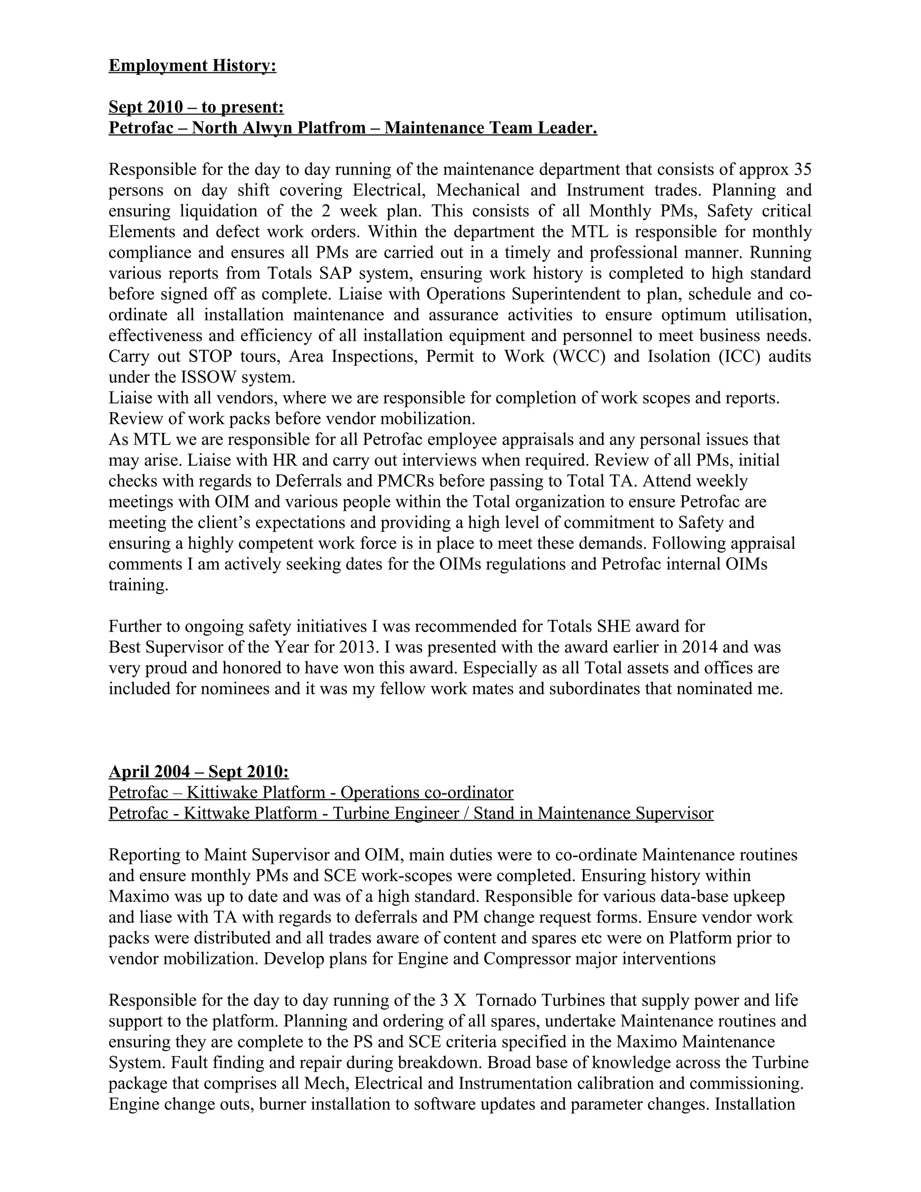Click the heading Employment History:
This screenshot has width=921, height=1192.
[192, 66]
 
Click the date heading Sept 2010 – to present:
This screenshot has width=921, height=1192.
[196, 107]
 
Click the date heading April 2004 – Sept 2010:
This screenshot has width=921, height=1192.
[199, 772]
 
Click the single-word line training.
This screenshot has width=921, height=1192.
[139, 586]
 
